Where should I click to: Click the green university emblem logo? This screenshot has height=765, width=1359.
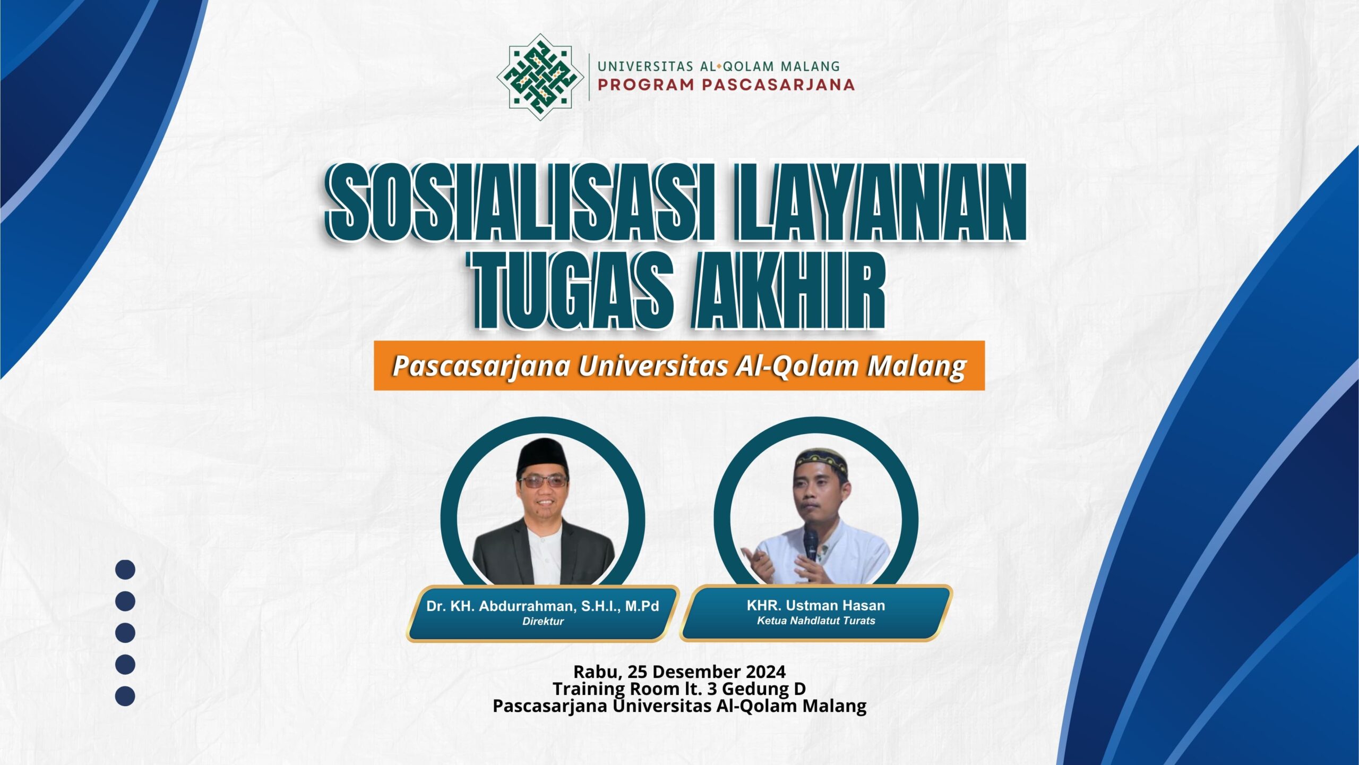point(540,77)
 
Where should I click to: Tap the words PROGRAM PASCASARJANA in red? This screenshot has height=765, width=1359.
point(726,85)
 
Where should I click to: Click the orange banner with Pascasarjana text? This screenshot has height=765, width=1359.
point(679,365)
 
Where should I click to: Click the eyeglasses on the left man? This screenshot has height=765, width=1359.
point(543,482)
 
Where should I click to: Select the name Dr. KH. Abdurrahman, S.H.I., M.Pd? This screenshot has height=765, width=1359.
point(543,606)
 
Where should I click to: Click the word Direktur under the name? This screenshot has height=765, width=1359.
point(543,621)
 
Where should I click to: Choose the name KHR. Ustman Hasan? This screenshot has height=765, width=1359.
point(816,605)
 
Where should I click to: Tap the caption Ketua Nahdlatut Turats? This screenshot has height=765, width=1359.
point(816,620)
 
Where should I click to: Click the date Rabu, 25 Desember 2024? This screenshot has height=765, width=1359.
point(679,672)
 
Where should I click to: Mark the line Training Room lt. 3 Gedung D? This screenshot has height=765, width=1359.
point(679,689)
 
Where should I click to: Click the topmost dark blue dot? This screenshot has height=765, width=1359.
point(125,569)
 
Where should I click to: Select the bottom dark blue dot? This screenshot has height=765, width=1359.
point(125,696)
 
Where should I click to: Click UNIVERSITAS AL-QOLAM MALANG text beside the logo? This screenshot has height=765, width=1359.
point(719,66)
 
